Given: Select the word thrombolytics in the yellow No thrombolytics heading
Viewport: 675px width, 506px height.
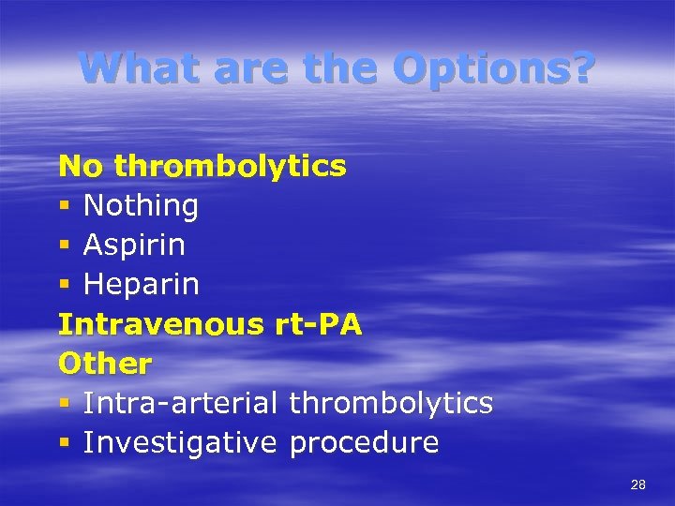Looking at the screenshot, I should coord(231,167).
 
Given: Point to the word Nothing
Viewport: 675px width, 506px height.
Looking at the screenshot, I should coord(141,206).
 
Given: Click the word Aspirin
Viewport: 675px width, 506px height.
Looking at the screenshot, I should coord(134,246).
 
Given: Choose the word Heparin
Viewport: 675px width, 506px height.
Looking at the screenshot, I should coord(141,285).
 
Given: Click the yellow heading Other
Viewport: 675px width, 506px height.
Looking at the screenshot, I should coord(105,364).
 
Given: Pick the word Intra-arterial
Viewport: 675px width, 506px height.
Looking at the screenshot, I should coord(180,403).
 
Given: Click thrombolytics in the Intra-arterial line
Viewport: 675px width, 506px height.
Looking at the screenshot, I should coord(391,403).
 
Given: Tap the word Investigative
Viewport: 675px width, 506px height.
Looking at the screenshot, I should coord(180,442).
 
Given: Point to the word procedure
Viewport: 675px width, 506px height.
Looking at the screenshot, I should coord(364,442).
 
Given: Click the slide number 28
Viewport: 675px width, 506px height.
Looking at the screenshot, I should coord(638,484).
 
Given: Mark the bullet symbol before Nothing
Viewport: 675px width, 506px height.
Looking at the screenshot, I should coord(64,207).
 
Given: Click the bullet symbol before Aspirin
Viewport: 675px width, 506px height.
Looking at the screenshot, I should coord(64,246).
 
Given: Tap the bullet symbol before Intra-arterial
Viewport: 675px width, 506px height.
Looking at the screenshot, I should coord(64,404).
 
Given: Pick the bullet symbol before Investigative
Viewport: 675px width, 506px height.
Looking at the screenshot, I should coord(64,443).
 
